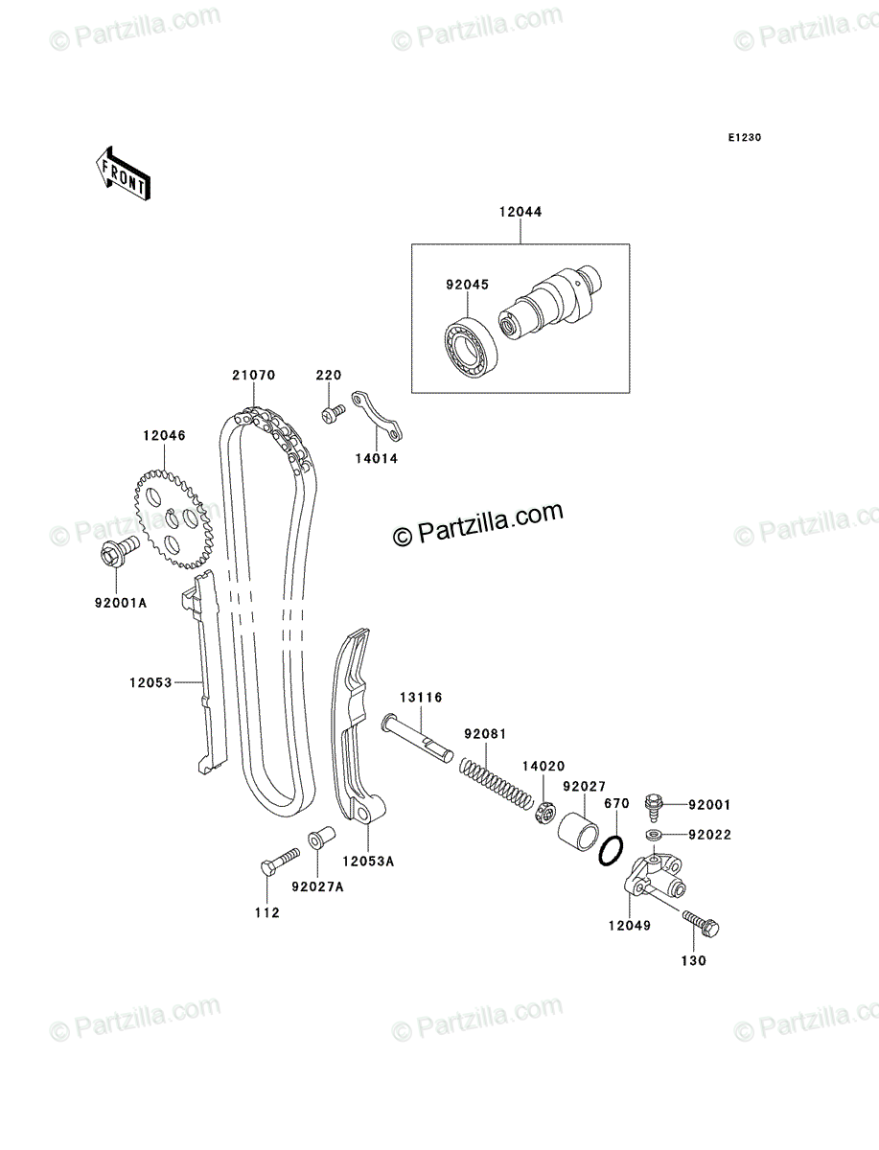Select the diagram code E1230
(743, 138)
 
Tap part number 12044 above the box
(520, 212)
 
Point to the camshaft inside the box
(554, 300)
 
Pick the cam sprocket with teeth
(170, 518)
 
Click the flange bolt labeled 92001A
(113, 553)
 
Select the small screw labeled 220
(333, 413)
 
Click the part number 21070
(253, 376)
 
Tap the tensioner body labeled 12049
(649, 879)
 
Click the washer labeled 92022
(655, 836)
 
